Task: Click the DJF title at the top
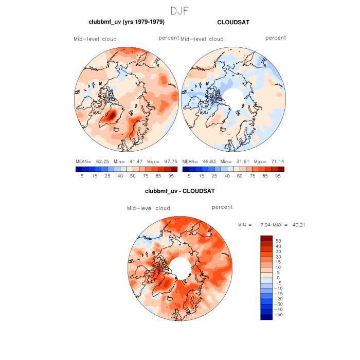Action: pyautogui.click(x=179, y=11)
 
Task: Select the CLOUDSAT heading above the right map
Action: pyautogui.click(x=233, y=23)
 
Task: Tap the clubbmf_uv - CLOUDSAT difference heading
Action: pyautogui.click(x=179, y=191)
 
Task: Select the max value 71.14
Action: pyautogui.click(x=275, y=161)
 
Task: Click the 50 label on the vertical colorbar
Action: pyautogui.click(x=278, y=241)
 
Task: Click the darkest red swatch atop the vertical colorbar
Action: pyautogui.click(x=266, y=238)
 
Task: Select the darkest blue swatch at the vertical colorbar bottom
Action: pyautogui.click(x=266, y=317)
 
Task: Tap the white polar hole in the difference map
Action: pyautogui.click(x=179, y=267)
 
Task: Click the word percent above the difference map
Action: pyautogui.click(x=222, y=207)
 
